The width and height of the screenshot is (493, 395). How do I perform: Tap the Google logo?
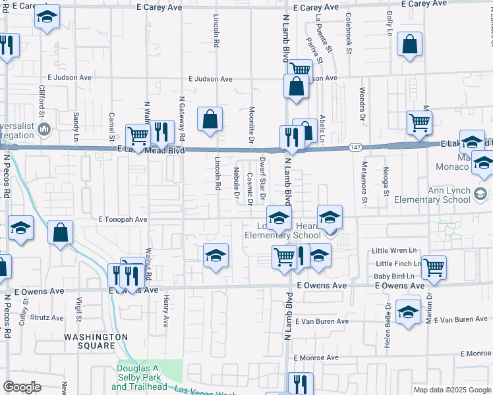tap(22, 387)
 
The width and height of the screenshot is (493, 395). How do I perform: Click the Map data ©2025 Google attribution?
tap(452, 390)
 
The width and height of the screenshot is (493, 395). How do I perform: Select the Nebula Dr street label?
tap(236, 182)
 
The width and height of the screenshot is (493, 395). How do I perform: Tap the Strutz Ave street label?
tap(50, 317)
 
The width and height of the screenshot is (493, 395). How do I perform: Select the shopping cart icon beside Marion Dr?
tap(434, 267)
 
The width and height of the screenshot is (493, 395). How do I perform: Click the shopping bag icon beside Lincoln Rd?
tap(210, 120)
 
